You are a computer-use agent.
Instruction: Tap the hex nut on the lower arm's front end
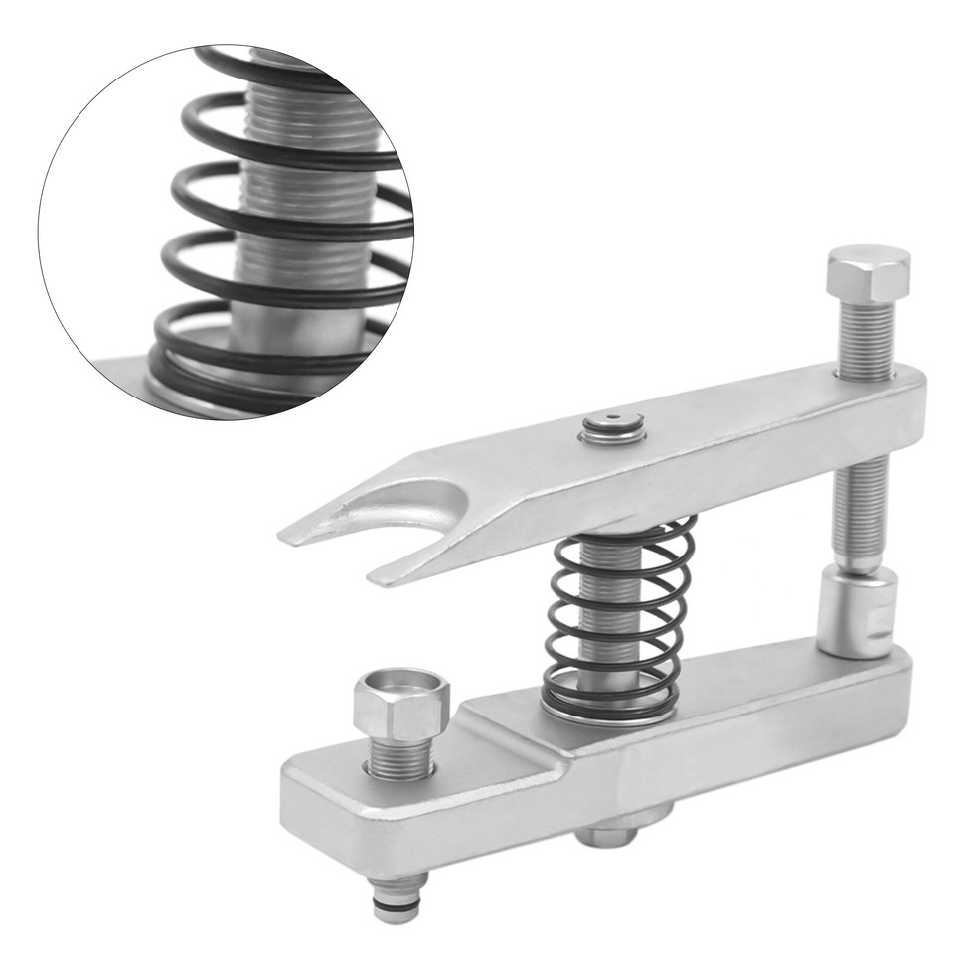coord(401,708)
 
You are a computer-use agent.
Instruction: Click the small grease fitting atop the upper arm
coord(613,426)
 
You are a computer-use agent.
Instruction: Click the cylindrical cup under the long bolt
coord(856,611)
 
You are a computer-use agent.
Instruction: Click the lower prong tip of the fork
coord(382,577)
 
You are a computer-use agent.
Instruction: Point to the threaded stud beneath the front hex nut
coord(401,760)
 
